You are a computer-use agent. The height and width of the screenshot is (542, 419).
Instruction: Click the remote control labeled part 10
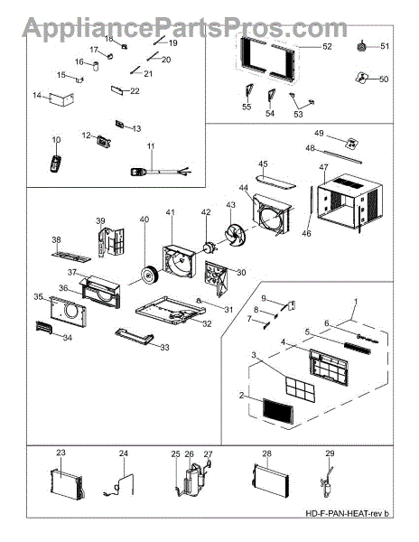[x=55, y=164]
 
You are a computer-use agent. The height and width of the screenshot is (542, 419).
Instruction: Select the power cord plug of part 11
[x=139, y=171]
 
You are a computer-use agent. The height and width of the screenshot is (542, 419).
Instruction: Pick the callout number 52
[x=327, y=46]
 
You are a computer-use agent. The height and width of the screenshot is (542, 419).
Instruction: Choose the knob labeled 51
[x=362, y=46]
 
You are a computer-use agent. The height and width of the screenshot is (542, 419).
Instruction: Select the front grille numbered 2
[x=279, y=411]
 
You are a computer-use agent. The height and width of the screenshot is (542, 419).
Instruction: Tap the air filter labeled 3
[x=300, y=388]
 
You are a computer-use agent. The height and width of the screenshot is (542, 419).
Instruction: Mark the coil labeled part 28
[x=270, y=481]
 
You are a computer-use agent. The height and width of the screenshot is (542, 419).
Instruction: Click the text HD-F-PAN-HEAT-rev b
[x=347, y=513]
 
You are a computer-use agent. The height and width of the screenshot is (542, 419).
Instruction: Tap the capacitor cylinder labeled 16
[x=96, y=66]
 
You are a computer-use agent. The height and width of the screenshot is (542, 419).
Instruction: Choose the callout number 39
[x=100, y=220]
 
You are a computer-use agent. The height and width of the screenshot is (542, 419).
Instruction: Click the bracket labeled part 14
[x=61, y=99]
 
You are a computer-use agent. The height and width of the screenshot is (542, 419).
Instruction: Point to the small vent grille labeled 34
[x=43, y=327]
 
